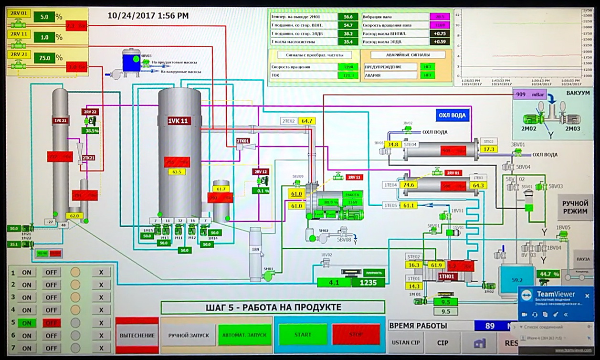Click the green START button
(303, 335)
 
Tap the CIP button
(442, 342)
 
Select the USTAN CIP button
(405, 342)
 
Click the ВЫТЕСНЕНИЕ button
(137, 335)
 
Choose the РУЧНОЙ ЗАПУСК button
(189, 335)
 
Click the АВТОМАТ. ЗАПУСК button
(244, 335)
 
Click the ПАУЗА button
(583, 259)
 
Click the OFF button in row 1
(51, 272)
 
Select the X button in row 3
(101, 297)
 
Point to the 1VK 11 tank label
(179, 121)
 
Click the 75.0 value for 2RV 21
(44, 58)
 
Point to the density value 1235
(368, 283)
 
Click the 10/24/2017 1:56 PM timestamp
(148, 16)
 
